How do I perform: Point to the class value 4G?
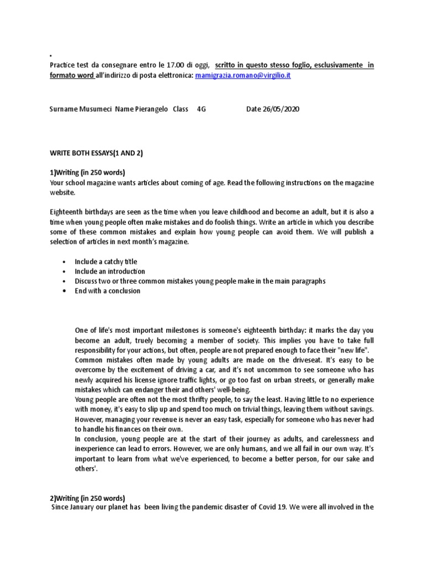click(201, 109)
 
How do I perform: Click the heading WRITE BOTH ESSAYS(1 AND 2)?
click(97, 153)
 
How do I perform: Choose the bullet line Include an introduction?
click(110, 271)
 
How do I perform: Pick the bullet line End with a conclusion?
click(108, 291)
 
